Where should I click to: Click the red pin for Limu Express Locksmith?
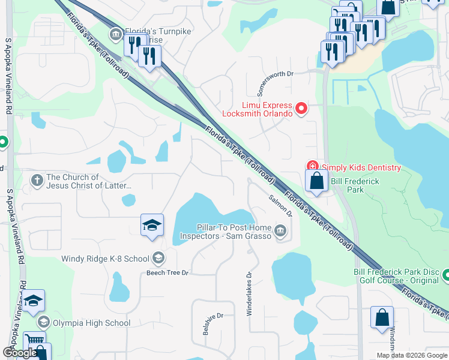(301, 109)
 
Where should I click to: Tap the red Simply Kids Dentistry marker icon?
(312, 166)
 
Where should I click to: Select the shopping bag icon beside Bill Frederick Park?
(316, 181)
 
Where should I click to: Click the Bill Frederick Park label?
(356, 185)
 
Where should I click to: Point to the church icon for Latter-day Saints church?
(37, 180)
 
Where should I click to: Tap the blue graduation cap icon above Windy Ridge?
(152, 226)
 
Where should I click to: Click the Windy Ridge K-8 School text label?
(105, 259)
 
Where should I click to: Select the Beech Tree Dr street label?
(167, 273)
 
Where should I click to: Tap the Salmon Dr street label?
(280, 205)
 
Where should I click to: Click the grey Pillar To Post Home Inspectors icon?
(280, 231)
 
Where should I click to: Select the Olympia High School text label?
(92, 323)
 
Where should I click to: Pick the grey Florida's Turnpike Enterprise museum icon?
(115, 35)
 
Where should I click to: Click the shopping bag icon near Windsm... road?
(382, 318)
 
